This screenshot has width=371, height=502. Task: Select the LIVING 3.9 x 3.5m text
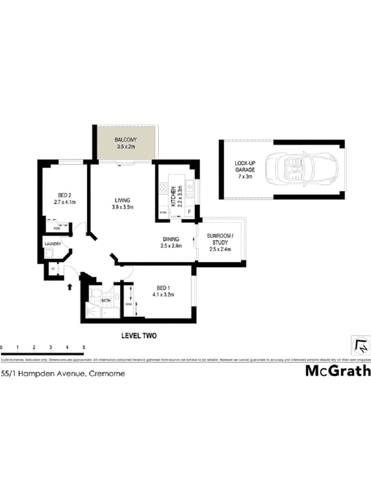click(x=123, y=203)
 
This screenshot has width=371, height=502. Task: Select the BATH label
click(x=106, y=301)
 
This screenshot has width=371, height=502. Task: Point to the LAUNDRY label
click(x=53, y=244)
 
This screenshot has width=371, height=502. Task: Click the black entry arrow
click(x=70, y=286)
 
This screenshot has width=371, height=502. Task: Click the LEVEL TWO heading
click(x=138, y=336)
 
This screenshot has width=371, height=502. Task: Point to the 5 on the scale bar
click(x=84, y=347)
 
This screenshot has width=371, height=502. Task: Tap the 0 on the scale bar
click(x=2, y=347)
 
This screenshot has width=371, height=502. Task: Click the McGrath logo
click(x=338, y=371)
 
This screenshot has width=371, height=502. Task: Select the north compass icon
click(x=361, y=346)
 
